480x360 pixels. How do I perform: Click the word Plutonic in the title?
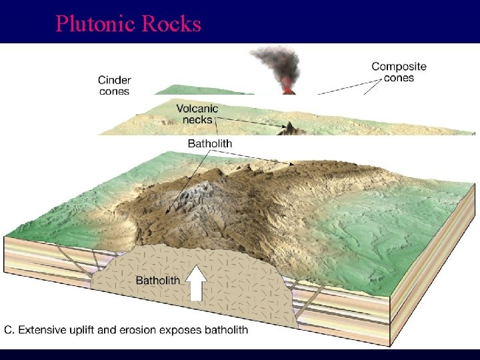point(92,24)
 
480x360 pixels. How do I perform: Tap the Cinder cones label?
point(114,85)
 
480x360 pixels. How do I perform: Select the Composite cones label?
point(399,72)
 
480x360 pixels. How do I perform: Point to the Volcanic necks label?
point(197,114)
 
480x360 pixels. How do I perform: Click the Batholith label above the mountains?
point(209,143)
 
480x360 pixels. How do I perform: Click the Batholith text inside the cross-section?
point(157,280)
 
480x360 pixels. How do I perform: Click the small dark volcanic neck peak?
point(291,127)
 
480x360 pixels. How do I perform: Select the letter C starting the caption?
point(9,329)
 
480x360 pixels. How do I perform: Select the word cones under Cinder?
point(114,92)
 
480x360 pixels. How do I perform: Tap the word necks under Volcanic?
point(197,120)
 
